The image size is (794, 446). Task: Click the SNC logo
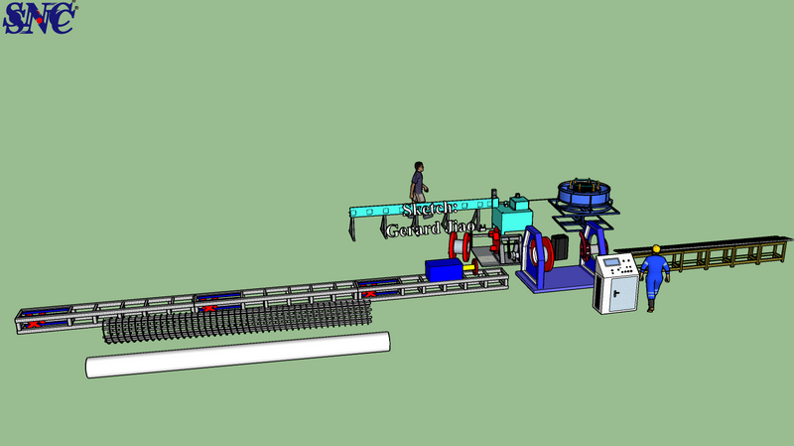pos(40,18)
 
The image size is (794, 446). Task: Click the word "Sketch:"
pos(430,209)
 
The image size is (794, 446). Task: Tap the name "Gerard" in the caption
pos(413,229)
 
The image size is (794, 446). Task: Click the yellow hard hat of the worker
pos(656,248)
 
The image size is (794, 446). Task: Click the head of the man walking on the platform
pos(419,167)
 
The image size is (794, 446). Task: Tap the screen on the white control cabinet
pos(611,262)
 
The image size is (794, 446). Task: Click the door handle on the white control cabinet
pos(616,293)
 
